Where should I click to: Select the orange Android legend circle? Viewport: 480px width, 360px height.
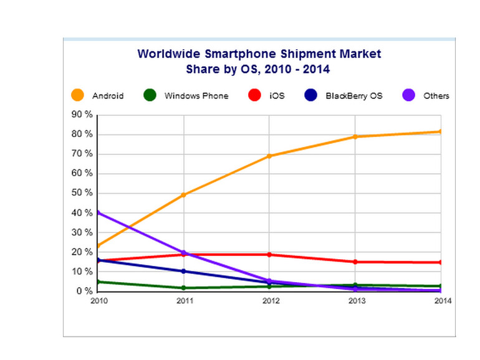[x=78, y=95]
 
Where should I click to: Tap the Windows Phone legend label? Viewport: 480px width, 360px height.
[x=196, y=96]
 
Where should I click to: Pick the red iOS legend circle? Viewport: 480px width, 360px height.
[x=254, y=95]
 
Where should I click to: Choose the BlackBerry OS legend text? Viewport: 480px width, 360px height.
[x=353, y=96]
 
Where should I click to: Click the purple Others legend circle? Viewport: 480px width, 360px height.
[x=407, y=95]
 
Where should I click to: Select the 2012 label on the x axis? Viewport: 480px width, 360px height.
[x=270, y=301]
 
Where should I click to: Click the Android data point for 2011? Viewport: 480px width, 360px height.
[x=184, y=195]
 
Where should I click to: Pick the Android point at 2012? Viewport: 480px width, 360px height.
[x=269, y=156]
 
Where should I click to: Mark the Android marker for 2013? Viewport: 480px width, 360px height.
[x=355, y=136]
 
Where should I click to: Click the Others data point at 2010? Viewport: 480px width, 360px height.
[x=98, y=213]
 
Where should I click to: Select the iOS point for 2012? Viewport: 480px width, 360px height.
[x=269, y=255]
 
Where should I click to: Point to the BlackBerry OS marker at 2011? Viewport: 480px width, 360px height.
[x=184, y=271]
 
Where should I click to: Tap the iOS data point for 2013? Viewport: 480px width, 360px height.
[x=355, y=262]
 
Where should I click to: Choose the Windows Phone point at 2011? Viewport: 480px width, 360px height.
[x=184, y=288]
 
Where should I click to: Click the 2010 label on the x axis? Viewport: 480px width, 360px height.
[x=98, y=301]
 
